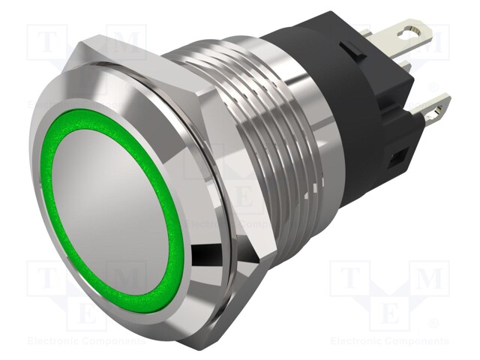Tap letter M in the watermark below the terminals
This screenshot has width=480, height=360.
[x=429, y=279]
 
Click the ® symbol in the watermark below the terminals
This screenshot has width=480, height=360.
[x=453, y=325]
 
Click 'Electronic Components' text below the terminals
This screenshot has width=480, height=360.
[x=390, y=341]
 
